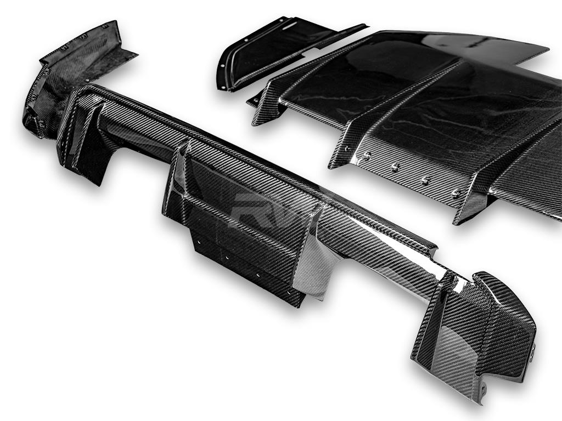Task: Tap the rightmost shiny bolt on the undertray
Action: [x=456, y=192]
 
